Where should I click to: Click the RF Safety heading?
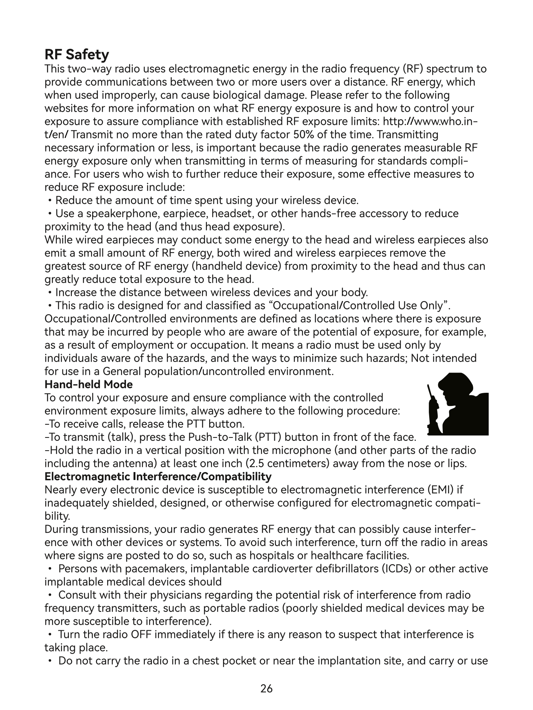(x=77, y=55)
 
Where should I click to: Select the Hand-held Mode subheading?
(x=88, y=385)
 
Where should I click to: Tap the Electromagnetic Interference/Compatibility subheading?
(x=158, y=477)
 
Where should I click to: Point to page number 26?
(x=266, y=689)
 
